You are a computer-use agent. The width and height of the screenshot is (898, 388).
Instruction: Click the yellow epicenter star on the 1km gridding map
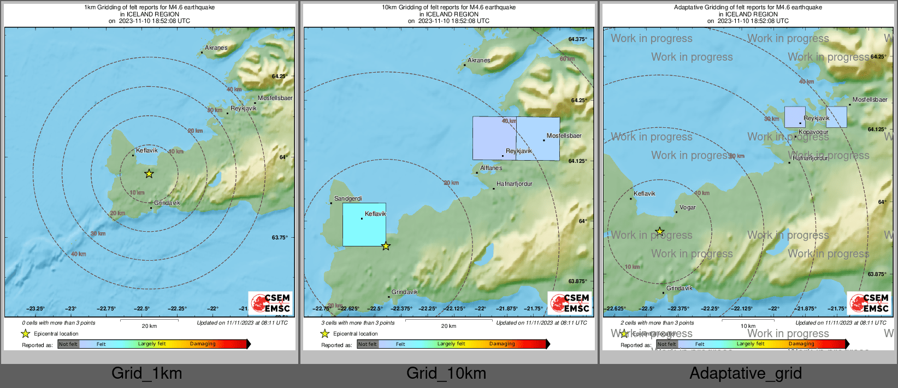[149, 174]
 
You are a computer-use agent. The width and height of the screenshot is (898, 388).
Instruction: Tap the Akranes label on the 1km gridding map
[216, 48]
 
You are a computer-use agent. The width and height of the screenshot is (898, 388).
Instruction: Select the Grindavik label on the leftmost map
[167, 203]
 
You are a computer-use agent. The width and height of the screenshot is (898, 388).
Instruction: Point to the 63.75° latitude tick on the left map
[279, 238]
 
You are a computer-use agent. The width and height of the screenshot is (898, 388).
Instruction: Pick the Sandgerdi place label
[348, 199]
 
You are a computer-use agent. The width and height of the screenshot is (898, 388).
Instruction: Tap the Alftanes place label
[491, 168]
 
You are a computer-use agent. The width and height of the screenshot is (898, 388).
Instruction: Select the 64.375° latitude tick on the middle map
[577, 39]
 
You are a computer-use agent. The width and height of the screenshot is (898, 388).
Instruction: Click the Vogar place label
[687, 208]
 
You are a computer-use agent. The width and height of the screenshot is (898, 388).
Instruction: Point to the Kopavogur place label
[813, 132]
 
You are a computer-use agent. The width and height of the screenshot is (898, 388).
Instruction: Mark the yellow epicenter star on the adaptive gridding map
[659, 232]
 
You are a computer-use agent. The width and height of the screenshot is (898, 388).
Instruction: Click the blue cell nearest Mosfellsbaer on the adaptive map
[836, 117]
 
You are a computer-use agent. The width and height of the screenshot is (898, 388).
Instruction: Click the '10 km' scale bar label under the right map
[748, 326]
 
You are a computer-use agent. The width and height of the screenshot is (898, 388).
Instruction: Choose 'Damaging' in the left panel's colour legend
[203, 344]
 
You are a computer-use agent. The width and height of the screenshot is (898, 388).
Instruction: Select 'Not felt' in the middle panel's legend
[368, 344]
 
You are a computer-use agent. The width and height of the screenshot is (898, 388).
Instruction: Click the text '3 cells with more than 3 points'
[358, 323]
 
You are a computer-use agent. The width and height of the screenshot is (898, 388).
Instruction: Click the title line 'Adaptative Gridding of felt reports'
[748, 8]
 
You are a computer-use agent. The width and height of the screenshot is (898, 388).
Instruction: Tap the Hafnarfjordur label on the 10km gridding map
[514, 184]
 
